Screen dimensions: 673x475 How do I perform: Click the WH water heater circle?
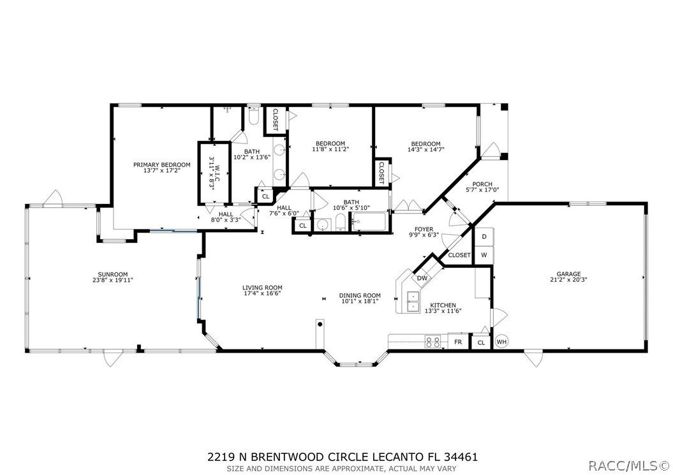501,342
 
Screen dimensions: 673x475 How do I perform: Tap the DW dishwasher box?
422,278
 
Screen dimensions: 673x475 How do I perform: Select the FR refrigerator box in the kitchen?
459,342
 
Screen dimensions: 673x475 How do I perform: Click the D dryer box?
484,237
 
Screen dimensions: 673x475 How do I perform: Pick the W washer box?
484,255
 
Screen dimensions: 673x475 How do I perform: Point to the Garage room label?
569,274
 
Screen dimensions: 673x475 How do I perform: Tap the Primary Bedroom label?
162,164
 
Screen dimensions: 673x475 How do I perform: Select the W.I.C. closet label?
218,174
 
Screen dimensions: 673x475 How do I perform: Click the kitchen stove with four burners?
433,342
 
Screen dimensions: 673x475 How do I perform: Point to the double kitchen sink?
413,302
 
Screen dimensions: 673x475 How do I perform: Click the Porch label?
482,184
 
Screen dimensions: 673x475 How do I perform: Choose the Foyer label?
424,229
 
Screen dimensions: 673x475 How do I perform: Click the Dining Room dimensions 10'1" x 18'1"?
360,301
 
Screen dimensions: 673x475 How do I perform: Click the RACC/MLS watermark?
628,465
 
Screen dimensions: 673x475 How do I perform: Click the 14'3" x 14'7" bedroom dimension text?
425,150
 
